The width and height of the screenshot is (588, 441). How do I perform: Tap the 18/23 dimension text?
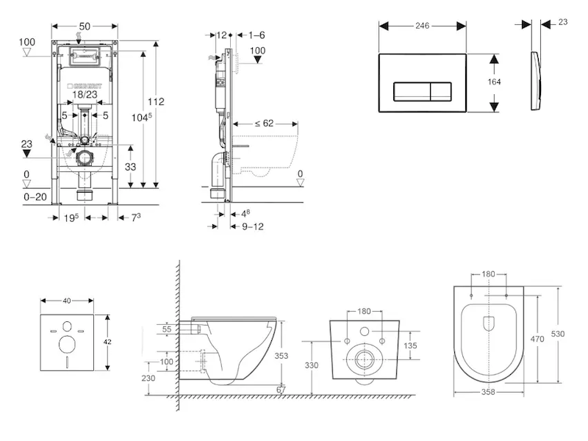(85, 95)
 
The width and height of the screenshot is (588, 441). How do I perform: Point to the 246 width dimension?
(421, 25)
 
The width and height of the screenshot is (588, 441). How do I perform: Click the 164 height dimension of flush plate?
(494, 82)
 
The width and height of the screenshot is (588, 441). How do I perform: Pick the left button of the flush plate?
(409, 92)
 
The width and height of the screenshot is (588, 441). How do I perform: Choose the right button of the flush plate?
(440, 92)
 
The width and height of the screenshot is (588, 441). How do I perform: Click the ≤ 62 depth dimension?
(264, 123)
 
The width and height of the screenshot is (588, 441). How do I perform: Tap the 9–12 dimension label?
(253, 226)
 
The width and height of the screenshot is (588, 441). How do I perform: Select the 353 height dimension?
(293, 356)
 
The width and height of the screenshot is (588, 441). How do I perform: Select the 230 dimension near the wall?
(149, 378)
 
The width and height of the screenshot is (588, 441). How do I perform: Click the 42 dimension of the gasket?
(108, 343)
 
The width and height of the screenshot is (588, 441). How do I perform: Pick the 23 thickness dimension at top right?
(563, 22)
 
